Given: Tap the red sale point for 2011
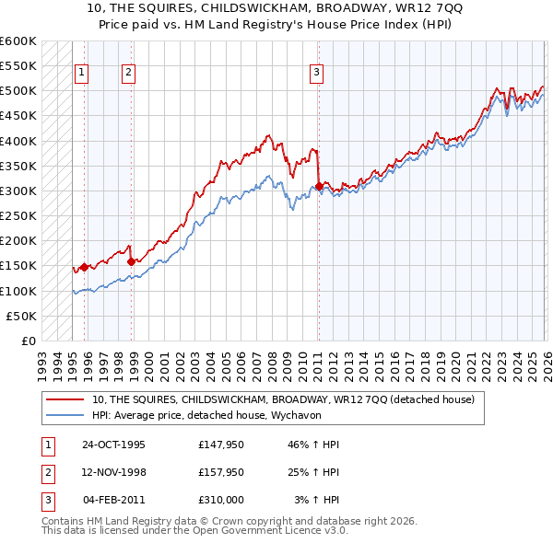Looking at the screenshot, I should coord(319,186).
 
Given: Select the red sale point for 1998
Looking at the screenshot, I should coord(131,261).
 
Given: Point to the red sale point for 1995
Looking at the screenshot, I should coord(84,267).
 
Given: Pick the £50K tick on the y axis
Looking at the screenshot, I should coord(22,316).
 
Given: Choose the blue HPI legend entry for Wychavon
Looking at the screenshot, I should coord(230,416).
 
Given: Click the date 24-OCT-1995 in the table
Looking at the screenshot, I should coord(113,445).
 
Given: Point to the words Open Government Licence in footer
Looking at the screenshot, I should coord(268,530).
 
